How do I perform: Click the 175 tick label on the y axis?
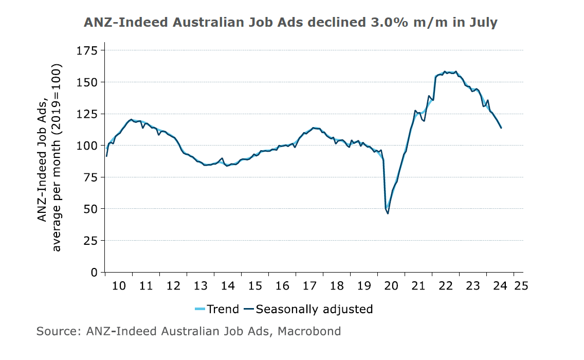point(87,50)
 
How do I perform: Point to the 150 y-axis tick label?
point(87,82)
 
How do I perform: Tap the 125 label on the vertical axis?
point(87,114)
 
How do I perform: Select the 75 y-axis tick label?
point(90,177)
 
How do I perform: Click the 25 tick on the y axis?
point(90,241)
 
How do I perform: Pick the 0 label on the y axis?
point(94,272)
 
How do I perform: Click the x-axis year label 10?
point(119,285)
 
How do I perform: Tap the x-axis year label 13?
point(200,285)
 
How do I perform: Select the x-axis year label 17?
point(309,285)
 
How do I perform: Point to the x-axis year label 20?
point(391,285)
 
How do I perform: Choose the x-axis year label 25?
point(521,285)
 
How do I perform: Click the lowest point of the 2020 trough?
point(388,213)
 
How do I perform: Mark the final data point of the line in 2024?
point(501,128)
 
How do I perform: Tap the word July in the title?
point(480,23)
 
